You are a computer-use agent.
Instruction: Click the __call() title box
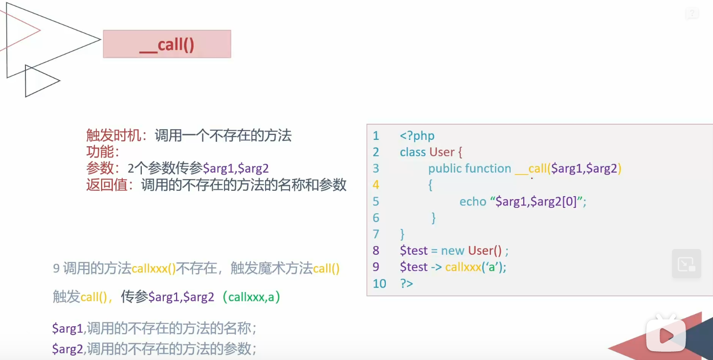click(167, 44)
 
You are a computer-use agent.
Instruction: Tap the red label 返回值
click(107, 185)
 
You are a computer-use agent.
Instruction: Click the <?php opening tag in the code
click(417, 136)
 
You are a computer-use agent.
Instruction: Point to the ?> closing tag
click(406, 284)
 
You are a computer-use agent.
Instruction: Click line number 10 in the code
click(379, 284)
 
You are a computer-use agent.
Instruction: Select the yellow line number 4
click(376, 185)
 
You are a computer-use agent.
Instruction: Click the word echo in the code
click(472, 202)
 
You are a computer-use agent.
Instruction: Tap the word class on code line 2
click(413, 152)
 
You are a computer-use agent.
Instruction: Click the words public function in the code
click(469, 169)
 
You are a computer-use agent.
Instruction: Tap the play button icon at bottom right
click(665, 335)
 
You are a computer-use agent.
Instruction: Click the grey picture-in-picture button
click(686, 264)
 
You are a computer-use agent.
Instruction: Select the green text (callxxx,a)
click(251, 297)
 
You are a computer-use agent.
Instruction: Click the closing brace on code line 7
click(402, 234)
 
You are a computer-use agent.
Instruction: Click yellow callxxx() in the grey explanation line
click(154, 269)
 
